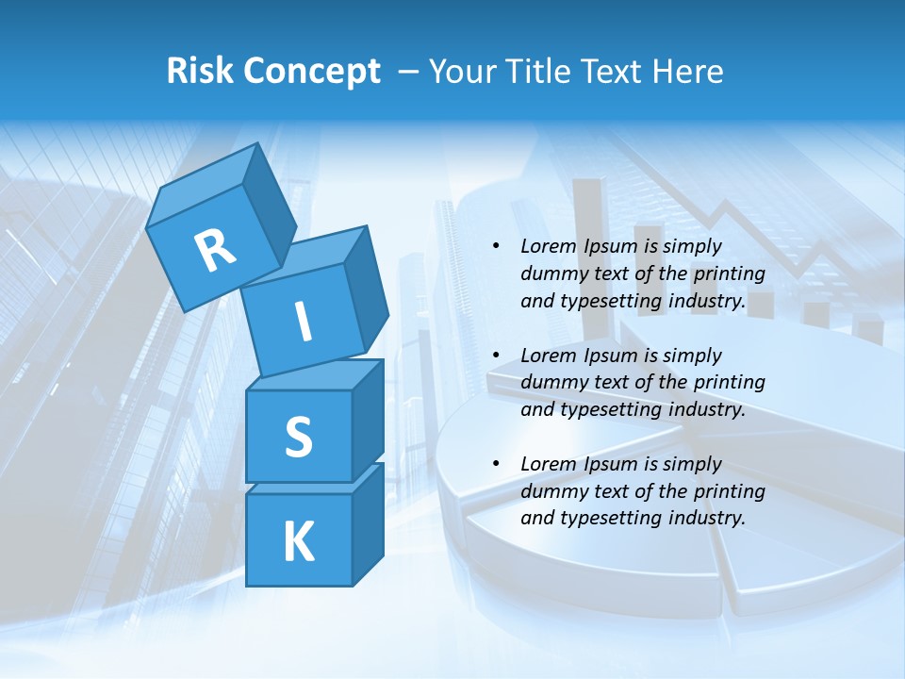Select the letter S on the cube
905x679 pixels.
pos(298,437)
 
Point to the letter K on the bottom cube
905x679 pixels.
pos(298,541)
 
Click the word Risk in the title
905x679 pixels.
pos(200,72)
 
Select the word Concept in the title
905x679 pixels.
pos(311,72)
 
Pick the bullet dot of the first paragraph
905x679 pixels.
pos(496,246)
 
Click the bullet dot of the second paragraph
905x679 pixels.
pos(496,356)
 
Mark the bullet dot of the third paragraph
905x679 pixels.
pos(496,464)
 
